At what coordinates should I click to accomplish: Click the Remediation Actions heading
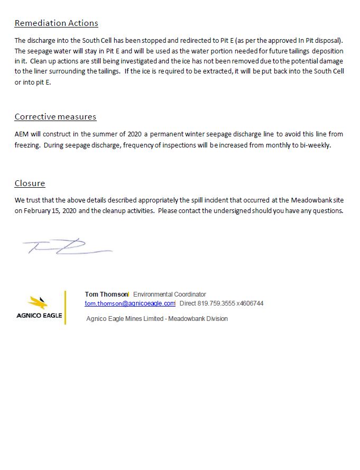[56, 23]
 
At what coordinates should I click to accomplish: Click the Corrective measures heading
[55, 116]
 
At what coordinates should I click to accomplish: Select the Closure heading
[30, 183]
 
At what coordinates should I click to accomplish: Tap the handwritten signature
[66, 246]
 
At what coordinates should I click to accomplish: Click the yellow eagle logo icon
[38, 303]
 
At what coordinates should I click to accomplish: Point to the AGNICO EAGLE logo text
[39, 316]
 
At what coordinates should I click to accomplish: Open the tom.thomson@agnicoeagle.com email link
[130, 303]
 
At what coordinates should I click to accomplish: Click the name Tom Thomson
[106, 294]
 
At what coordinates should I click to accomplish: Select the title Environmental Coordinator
[169, 294]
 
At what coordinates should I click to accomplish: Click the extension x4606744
[250, 303]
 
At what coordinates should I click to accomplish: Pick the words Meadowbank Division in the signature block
[198, 319]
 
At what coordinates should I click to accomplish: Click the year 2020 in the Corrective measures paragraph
[136, 134]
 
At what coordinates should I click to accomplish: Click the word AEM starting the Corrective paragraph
[22, 134]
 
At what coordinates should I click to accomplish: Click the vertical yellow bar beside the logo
[66, 307]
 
